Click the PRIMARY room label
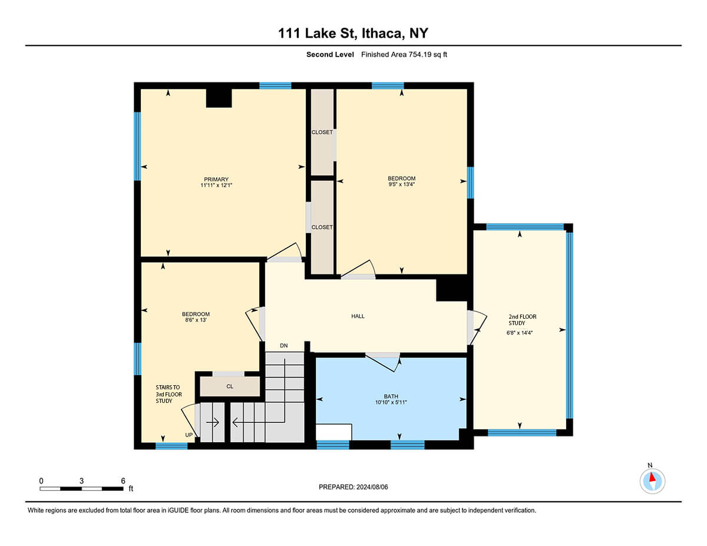coord(216,179)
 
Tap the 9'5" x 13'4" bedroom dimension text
coord(401,184)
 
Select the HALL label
coord(358,316)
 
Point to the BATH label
coord(391,396)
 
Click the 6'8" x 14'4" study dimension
coord(519,333)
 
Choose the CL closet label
coord(230,386)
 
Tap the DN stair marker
coord(284,346)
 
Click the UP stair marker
coord(189,435)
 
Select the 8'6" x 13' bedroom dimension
coord(196,320)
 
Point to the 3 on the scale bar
coord(81,481)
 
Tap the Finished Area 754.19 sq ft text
coord(404,55)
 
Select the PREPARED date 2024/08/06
coord(372,487)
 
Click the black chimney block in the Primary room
coord(219,98)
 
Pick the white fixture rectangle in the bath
coord(334,432)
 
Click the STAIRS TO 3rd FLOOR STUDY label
coord(169,394)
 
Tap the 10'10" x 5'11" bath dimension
coord(391,402)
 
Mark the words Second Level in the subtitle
coord(330,55)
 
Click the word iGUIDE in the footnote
coord(178,511)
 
